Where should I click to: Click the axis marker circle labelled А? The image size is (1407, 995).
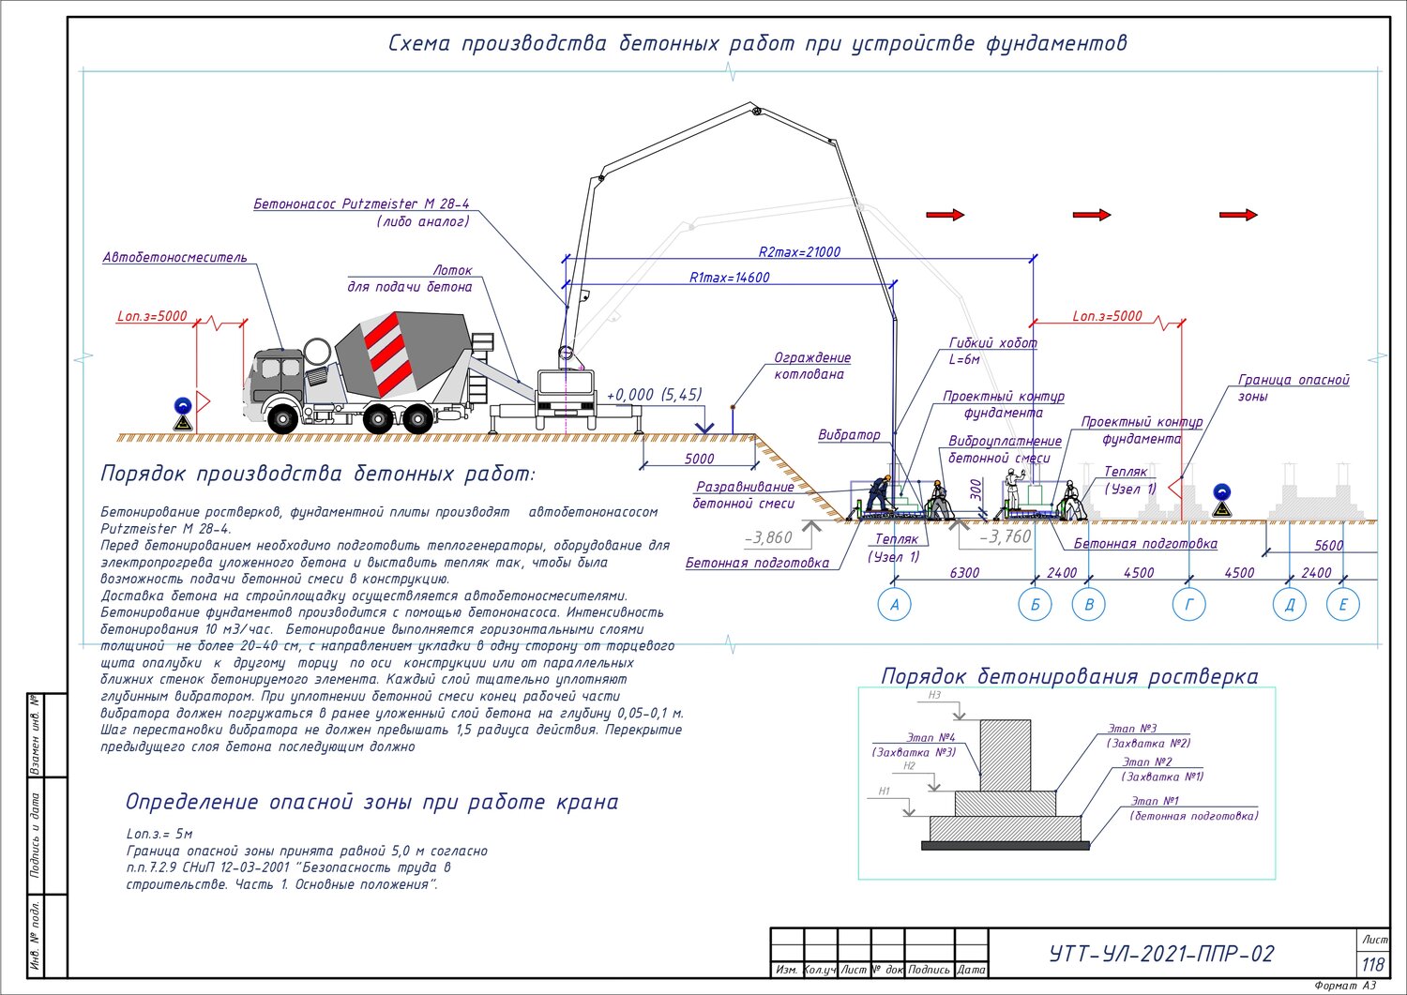(x=895, y=604)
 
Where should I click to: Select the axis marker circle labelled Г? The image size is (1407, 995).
(x=1189, y=604)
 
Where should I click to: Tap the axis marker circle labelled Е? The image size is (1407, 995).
(x=1343, y=604)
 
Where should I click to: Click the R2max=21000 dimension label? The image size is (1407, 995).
(x=799, y=252)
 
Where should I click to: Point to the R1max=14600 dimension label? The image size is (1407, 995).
(x=729, y=277)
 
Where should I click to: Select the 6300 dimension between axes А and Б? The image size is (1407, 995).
(x=964, y=572)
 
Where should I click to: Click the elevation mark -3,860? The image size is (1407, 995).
(x=768, y=537)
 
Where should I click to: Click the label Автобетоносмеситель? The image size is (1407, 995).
(x=174, y=257)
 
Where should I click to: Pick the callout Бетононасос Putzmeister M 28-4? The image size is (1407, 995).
(x=361, y=204)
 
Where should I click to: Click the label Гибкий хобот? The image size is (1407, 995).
(x=992, y=342)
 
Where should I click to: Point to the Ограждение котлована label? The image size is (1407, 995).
(x=811, y=366)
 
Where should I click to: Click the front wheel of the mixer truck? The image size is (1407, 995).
(x=282, y=419)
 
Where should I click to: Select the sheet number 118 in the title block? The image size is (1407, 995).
(x=1373, y=964)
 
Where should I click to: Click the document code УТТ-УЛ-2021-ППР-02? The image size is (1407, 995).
(x=1162, y=954)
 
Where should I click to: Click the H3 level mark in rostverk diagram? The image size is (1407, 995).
(x=934, y=695)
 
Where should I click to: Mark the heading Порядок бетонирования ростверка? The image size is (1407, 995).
(x=1069, y=676)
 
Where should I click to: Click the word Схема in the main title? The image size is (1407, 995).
(x=419, y=43)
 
